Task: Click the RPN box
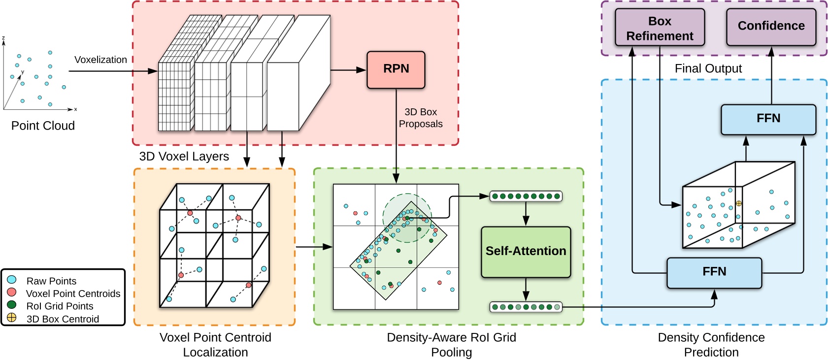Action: pos(396,69)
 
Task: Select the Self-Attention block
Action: pos(526,252)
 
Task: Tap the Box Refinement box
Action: pos(660,28)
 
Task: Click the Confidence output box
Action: pos(771,26)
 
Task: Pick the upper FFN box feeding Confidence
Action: pos(768,119)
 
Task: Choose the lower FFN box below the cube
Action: pos(714,272)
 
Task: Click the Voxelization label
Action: pos(100,60)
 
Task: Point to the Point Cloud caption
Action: pos(43,126)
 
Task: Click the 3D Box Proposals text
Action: pos(421,118)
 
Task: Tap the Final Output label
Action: pos(708,68)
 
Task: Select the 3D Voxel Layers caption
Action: pos(184,157)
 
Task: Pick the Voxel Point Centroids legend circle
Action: pos(12,293)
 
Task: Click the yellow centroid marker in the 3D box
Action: pos(738,203)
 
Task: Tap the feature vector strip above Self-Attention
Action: pos(526,196)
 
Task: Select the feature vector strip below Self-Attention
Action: pos(526,307)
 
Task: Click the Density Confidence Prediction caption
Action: pos(711,345)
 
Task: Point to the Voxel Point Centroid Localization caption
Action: pos(215,345)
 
